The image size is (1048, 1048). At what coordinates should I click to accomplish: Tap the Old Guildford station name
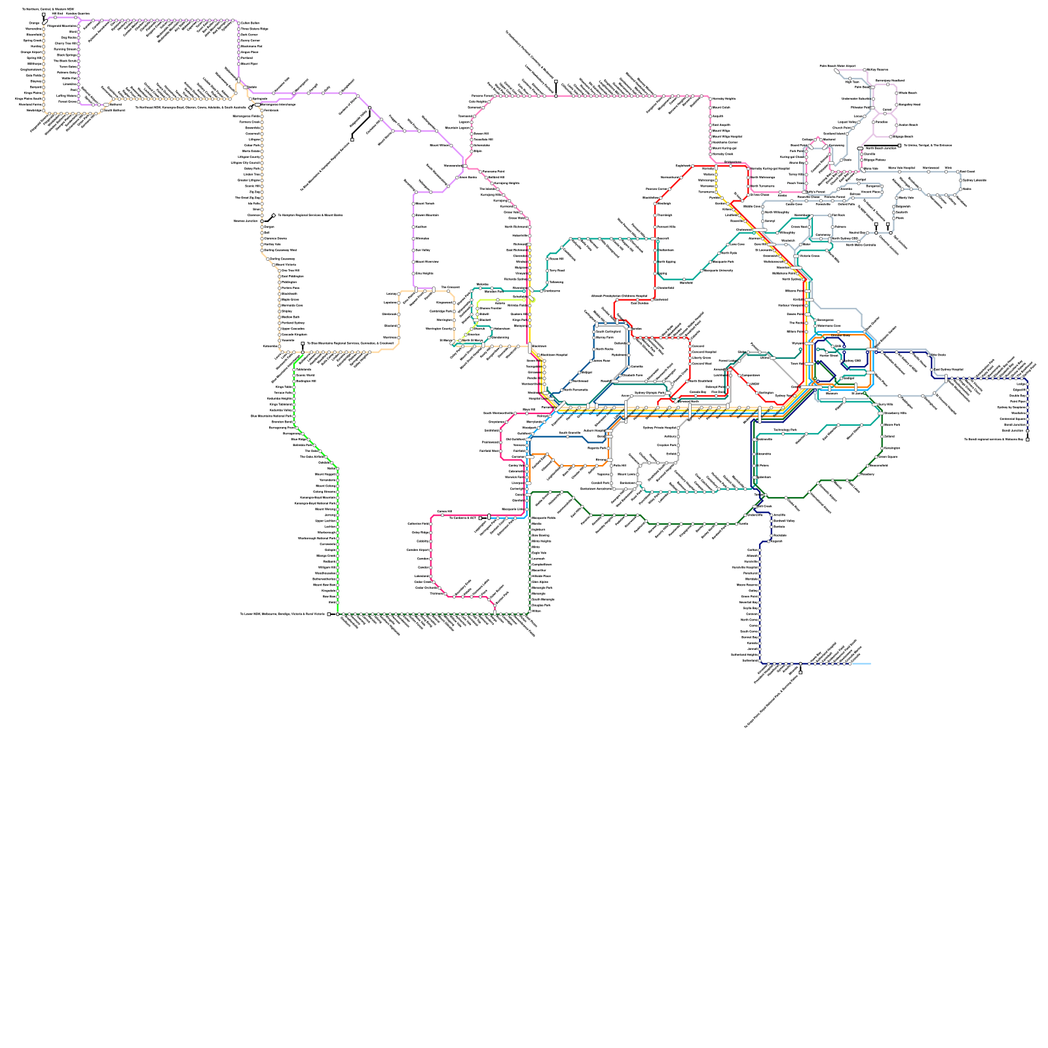515,440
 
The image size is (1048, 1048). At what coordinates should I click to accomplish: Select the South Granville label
569,433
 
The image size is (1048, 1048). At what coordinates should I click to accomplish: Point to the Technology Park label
785,430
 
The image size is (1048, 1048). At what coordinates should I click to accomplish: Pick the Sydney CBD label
851,361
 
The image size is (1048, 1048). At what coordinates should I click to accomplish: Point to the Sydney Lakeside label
974,180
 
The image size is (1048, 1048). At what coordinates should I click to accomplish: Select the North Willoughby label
777,212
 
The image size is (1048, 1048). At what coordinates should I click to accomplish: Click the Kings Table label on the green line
284,387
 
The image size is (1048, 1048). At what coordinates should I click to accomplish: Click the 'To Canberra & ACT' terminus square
489,517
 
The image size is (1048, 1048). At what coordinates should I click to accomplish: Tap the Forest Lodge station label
727,360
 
